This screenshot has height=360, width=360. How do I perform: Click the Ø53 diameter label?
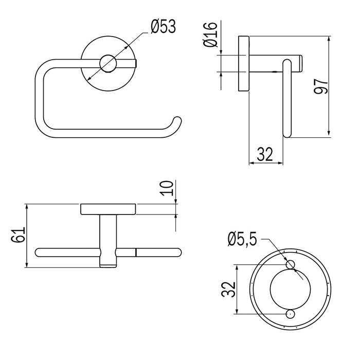pos(163,26)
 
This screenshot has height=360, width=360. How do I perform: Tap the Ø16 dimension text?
pos(210,34)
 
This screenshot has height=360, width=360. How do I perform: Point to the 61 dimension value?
pos(18,235)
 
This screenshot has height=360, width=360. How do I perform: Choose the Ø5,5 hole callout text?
pos(242,240)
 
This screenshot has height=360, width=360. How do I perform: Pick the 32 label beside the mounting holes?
pos(228,289)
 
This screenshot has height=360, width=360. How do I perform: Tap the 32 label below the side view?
pos(265,154)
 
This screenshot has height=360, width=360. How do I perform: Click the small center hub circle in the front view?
pos(108,64)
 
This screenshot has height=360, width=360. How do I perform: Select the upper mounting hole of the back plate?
pos(290,264)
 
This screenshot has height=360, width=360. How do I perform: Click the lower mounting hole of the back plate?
pos(290,314)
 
